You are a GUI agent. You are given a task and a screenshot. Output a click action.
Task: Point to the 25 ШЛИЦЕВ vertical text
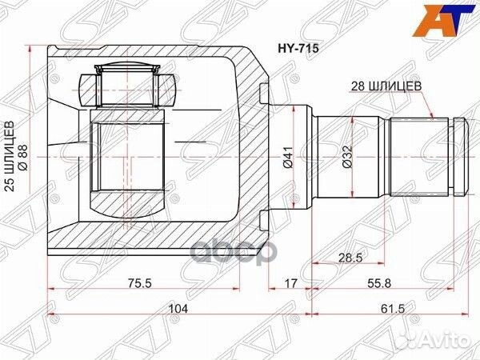click(11, 160)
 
